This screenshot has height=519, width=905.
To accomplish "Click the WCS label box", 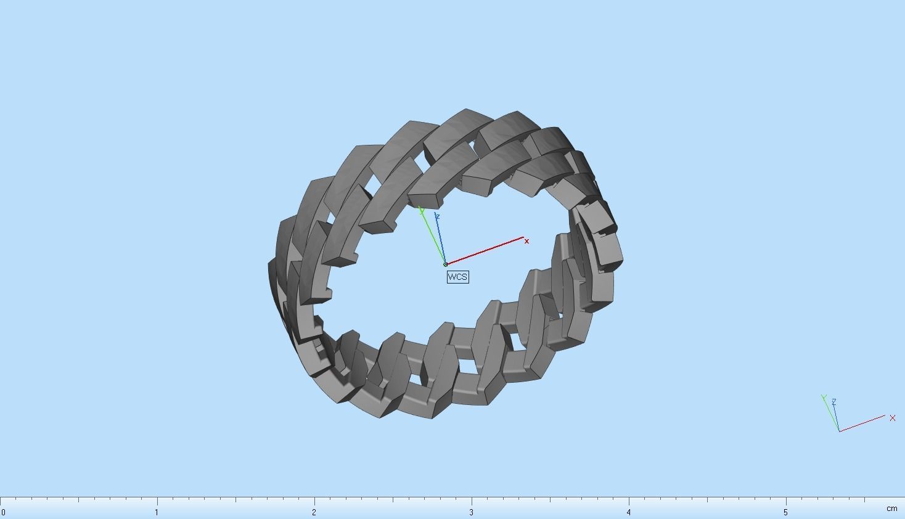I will (x=457, y=277).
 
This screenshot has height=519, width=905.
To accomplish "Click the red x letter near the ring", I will (x=526, y=241).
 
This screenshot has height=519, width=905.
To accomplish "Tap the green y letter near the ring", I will (x=422, y=211).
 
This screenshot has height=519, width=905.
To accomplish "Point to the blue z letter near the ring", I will (x=437, y=216).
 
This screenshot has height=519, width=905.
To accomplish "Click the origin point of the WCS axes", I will (x=445, y=264).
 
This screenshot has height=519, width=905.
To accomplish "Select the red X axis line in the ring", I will (x=487, y=250).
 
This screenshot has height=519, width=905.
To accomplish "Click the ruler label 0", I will (x=4, y=512).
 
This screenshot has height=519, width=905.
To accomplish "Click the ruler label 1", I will (x=157, y=512).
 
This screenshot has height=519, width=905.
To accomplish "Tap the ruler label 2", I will (x=314, y=512).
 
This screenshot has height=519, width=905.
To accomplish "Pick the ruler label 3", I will (x=471, y=512).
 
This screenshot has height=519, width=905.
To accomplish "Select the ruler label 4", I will (x=629, y=512).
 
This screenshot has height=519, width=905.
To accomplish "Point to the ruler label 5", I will (x=785, y=512).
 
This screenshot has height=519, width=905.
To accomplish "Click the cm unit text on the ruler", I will (x=891, y=509).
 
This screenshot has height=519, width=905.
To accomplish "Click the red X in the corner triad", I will (x=892, y=418).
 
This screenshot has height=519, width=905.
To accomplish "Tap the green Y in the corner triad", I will (x=824, y=398).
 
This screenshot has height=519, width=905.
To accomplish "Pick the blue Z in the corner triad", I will (x=834, y=402).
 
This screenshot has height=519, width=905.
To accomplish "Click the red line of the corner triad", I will (x=863, y=423).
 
